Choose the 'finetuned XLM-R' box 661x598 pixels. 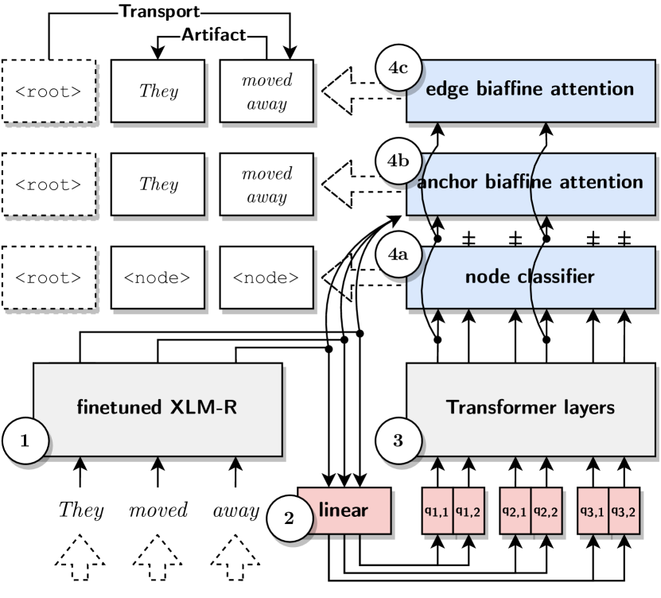tap(157, 409)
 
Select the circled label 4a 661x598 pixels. tap(397, 255)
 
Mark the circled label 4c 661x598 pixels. tap(397, 68)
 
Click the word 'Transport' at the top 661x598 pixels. tap(159, 11)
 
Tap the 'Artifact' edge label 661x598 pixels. tap(214, 34)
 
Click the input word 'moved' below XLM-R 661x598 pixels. tap(158, 511)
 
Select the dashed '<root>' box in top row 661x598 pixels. tap(49, 91)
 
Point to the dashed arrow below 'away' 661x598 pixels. tap(236, 561)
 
